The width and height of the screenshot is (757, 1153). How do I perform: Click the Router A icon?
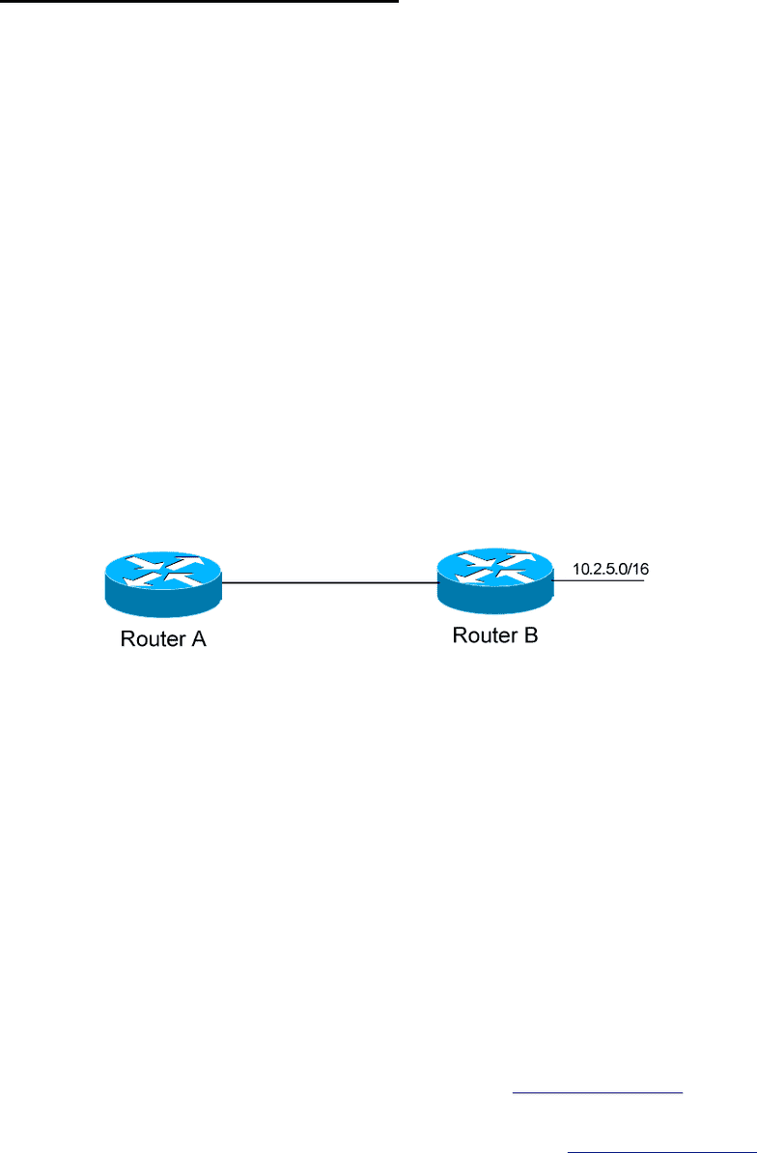[x=163, y=585]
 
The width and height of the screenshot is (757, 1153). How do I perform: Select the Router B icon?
[x=495, y=581]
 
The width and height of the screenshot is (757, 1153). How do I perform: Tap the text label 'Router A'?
[x=163, y=639]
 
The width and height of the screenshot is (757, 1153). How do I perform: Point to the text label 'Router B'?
[x=495, y=634]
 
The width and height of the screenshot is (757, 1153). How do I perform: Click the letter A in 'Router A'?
[x=199, y=639]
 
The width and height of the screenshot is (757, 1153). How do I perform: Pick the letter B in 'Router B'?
[x=531, y=634]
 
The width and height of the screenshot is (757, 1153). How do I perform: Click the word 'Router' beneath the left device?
[x=152, y=639]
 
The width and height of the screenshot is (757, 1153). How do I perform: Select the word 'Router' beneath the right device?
[x=484, y=634]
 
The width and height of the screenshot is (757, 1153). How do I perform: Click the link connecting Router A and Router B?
[x=330, y=583]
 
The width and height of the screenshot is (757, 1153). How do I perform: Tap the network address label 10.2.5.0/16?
[x=611, y=569]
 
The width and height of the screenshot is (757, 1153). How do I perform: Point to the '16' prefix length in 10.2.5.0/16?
[x=641, y=569]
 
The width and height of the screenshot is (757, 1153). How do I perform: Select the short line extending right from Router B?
[x=599, y=581]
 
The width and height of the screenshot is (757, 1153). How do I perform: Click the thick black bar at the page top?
[x=199, y=2]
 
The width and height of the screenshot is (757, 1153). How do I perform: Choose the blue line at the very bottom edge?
[x=661, y=1151]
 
